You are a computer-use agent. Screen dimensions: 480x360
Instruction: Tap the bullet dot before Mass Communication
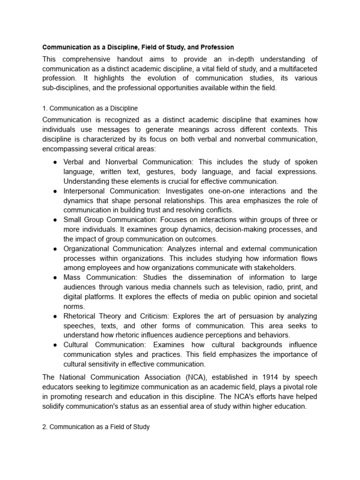pyautogui.click(x=55, y=278)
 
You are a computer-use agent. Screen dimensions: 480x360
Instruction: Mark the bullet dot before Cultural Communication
pyautogui.click(x=55, y=345)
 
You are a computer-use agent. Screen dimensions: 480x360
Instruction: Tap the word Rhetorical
pyautogui.click(x=80, y=316)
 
